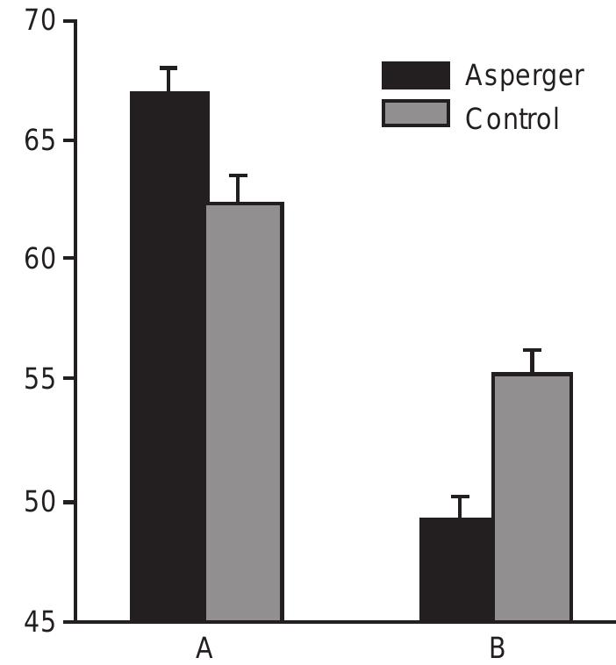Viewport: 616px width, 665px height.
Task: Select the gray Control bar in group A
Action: [244, 412]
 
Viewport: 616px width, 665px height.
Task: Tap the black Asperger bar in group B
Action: [455, 569]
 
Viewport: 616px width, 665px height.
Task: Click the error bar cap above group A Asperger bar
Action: [168, 68]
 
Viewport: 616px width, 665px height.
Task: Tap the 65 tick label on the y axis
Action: [39, 140]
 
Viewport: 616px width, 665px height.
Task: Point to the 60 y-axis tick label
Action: [39, 260]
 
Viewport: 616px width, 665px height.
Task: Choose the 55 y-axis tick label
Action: [39, 380]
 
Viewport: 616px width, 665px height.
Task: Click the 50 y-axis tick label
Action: [39, 502]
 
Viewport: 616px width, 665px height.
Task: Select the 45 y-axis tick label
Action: [39, 622]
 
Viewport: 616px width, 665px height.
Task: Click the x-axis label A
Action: [204, 648]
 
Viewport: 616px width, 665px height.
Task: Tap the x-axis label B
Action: [496, 648]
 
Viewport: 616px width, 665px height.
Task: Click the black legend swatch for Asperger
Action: [415, 76]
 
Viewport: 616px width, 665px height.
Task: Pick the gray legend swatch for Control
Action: [415, 115]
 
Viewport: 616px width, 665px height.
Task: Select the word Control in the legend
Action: [512, 117]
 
